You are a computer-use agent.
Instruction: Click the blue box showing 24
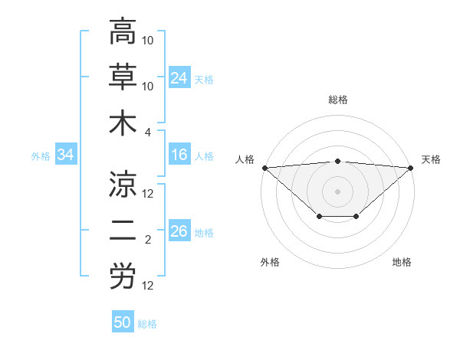pos(179,78)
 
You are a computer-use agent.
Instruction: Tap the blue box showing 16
pos(179,155)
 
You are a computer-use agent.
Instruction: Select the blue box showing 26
pos(179,232)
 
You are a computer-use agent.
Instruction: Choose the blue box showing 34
pos(65,155)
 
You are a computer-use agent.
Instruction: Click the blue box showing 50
pos(123,323)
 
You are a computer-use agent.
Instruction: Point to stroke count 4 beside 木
pos(149,132)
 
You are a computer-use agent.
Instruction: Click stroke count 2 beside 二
pos(148,240)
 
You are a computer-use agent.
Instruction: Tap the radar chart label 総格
pos(338,100)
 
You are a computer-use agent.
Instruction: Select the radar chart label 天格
pos(431,159)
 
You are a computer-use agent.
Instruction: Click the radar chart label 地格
pos(402,262)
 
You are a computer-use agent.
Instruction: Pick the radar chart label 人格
pos(245,159)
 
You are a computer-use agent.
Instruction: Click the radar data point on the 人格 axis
pos(264,168)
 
